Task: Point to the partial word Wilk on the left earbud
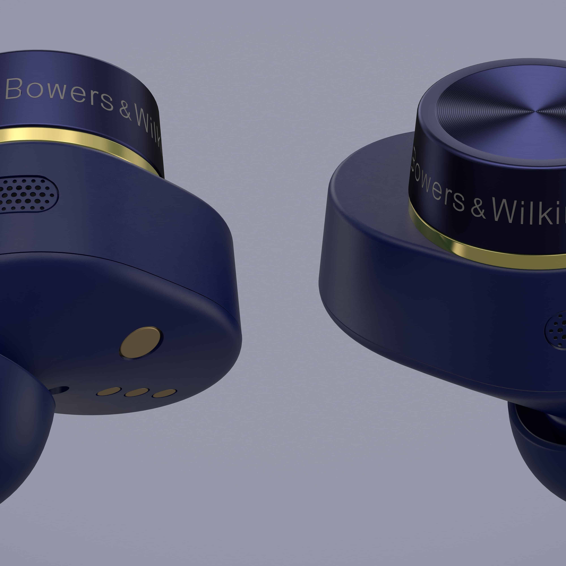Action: point(149,129)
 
